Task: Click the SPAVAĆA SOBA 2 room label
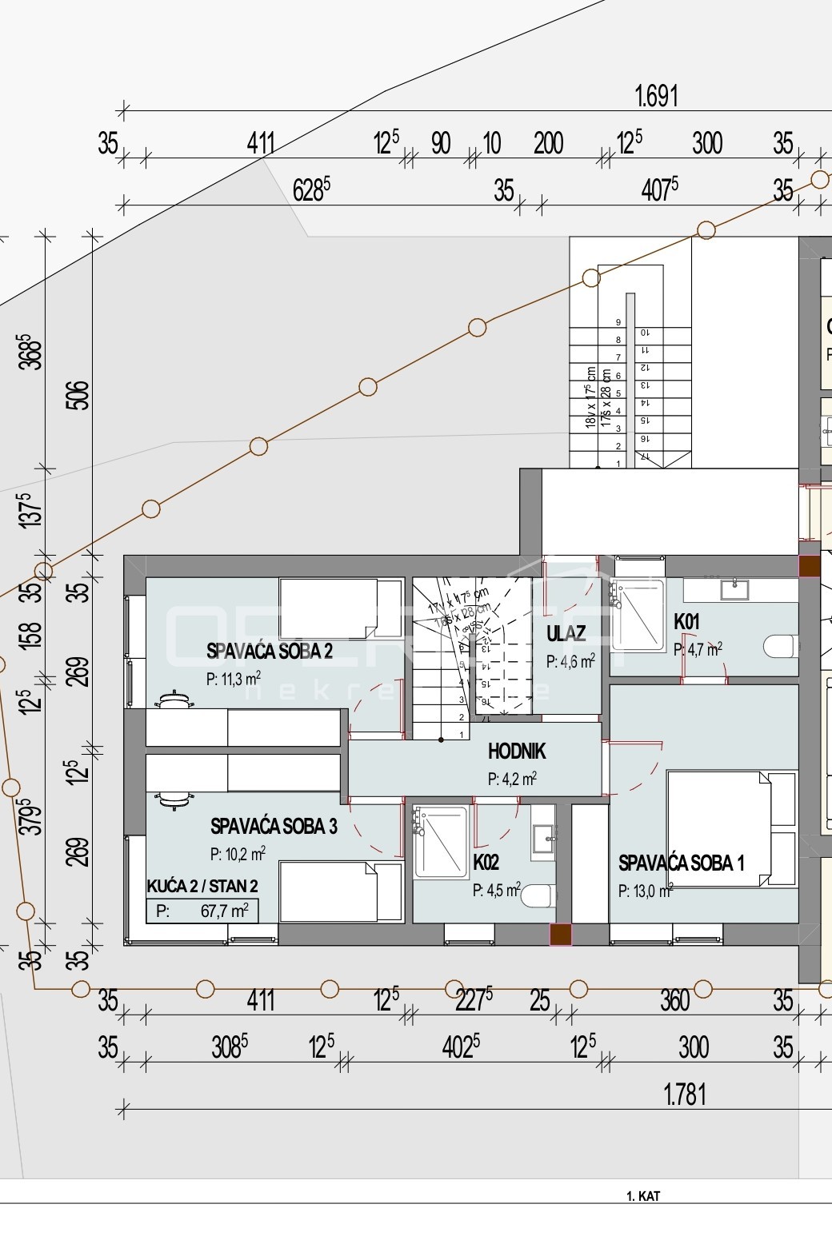click(x=270, y=651)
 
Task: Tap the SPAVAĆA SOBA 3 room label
click(x=274, y=826)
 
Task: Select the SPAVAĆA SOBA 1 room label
click(x=681, y=863)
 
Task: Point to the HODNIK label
click(x=517, y=752)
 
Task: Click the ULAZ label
click(x=566, y=634)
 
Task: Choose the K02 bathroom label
click(x=486, y=863)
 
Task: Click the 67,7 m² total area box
click(x=202, y=911)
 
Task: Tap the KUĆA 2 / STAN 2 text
click(x=202, y=886)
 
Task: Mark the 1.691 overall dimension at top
click(x=656, y=97)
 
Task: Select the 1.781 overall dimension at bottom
click(x=685, y=1094)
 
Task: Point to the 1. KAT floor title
click(x=642, y=1196)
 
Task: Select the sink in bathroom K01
click(x=733, y=590)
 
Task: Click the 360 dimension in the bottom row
click(x=675, y=1000)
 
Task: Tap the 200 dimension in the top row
click(x=548, y=144)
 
